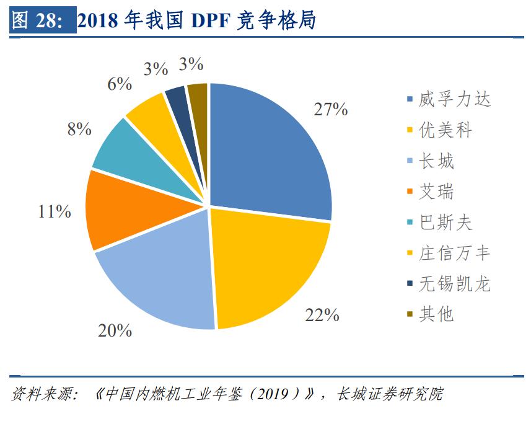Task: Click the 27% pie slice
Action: [266, 155]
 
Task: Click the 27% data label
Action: [330, 110]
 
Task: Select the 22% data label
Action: [322, 315]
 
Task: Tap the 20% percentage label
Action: [115, 330]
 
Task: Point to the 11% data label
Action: [55, 211]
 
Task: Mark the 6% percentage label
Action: [120, 84]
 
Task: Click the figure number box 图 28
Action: [42, 21]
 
